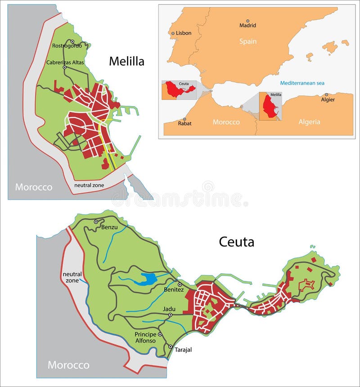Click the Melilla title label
[126, 62]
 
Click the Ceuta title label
[236, 242]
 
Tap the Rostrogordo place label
[67, 46]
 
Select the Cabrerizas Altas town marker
[64, 67]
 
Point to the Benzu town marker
[96, 222]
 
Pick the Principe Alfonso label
[145, 338]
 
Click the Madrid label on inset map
[247, 26]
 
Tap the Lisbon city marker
[173, 33]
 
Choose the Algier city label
[328, 99]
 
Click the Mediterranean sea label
[302, 83]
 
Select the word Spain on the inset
[247, 41]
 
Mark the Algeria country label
[309, 121]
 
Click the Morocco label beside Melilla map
[33, 187]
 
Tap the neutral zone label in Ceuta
[72, 277]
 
